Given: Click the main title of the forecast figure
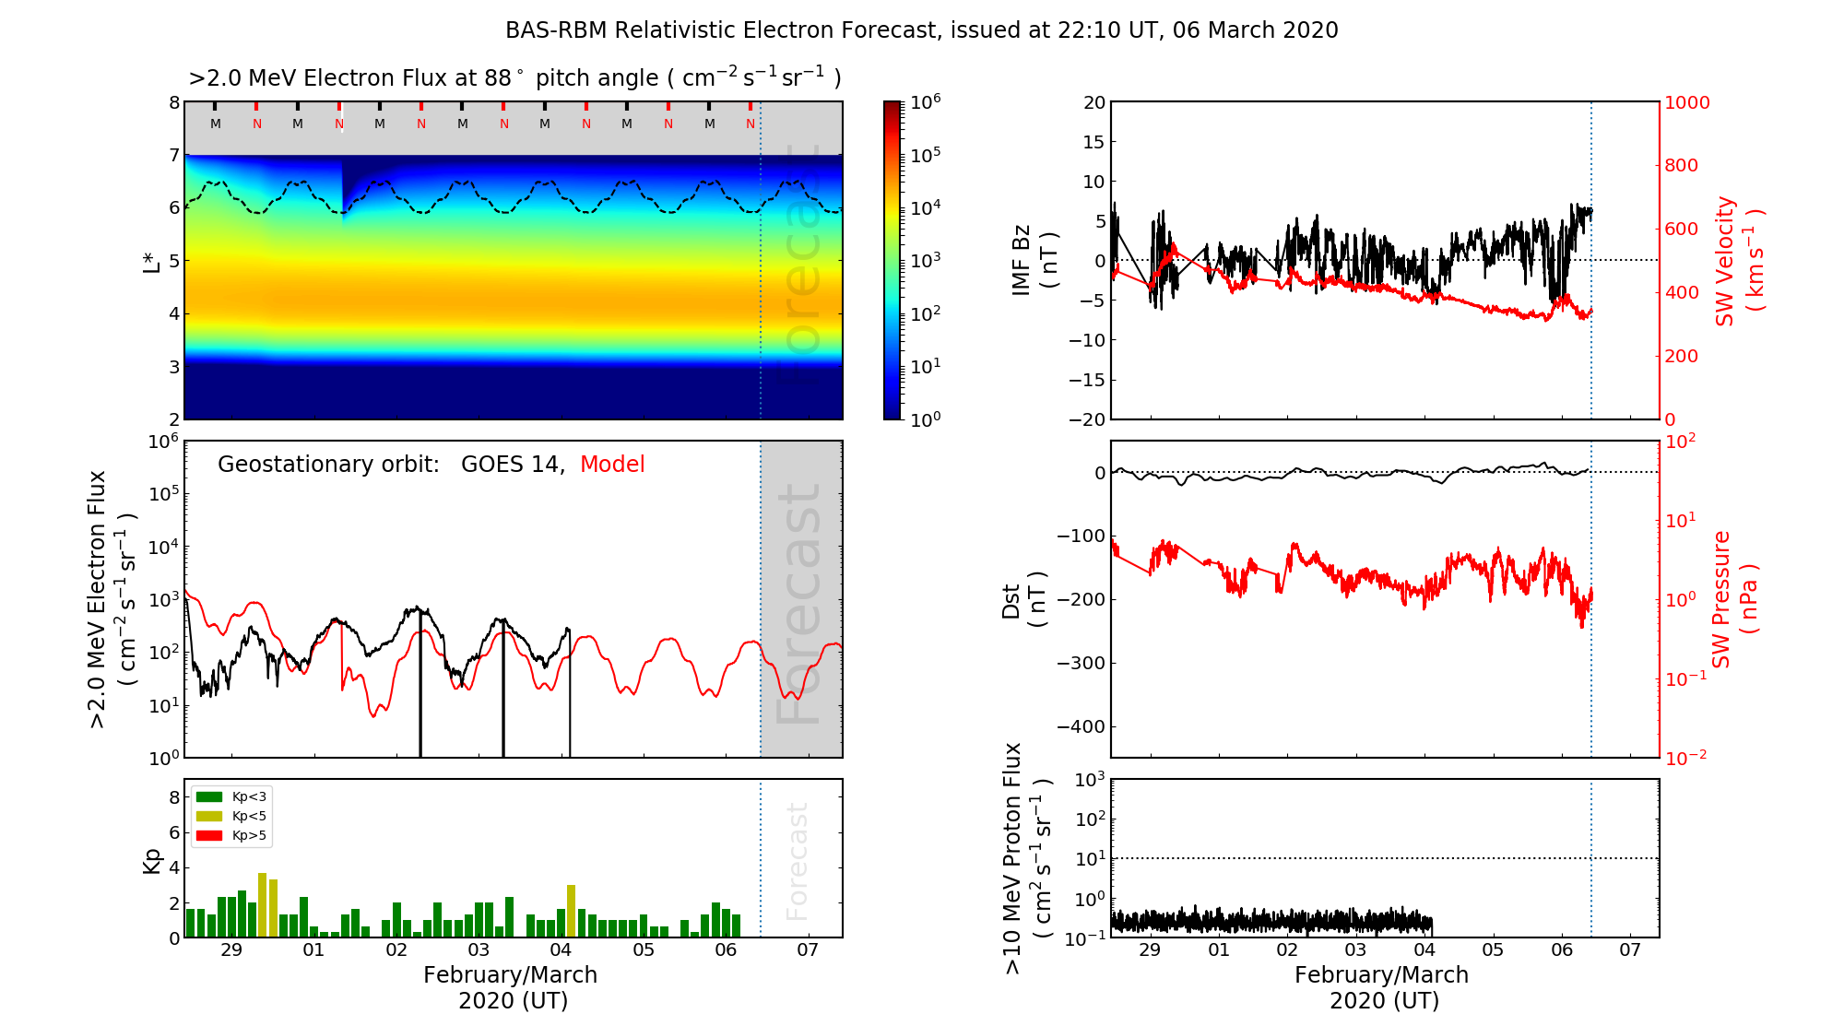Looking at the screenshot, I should [x=921, y=30].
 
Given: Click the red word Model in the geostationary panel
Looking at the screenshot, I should [x=612, y=465].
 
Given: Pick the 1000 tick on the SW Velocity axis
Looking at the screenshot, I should [x=1686, y=103].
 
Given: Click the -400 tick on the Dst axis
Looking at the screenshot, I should [x=1082, y=726].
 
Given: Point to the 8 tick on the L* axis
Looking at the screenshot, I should [x=173, y=103].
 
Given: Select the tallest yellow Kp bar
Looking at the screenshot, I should [x=262, y=904].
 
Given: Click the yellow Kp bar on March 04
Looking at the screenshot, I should [x=571, y=911].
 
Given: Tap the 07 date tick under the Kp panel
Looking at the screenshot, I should [x=808, y=950].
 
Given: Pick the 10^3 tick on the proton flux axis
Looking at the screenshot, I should [x=1090, y=780].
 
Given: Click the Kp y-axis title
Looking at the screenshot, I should [x=152, y=859].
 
